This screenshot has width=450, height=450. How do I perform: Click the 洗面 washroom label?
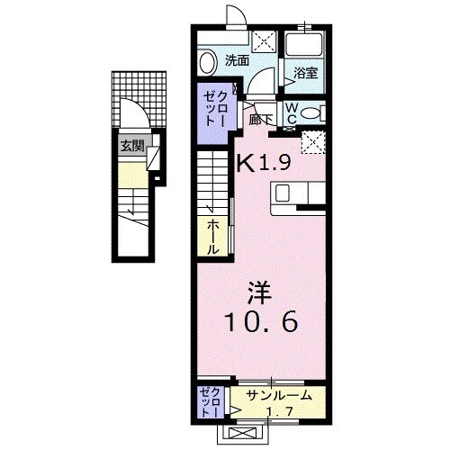coord(237,62)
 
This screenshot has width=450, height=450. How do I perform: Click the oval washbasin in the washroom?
coord(207,62)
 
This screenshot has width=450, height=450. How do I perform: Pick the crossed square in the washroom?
coord(265,40)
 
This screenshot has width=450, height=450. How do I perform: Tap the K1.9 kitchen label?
coord(263,163)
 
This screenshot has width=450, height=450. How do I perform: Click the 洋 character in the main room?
coord(258,293)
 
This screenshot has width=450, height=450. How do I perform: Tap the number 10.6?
coord(264,320)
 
